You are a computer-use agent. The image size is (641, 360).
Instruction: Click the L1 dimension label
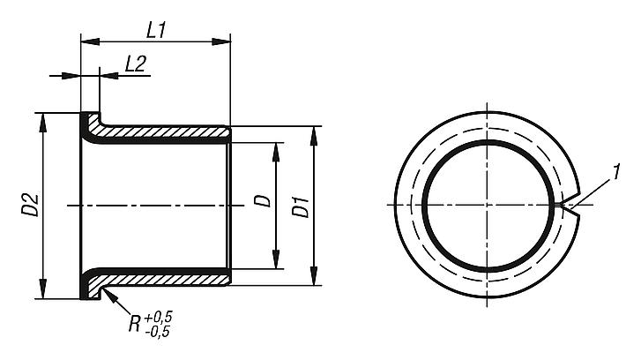156,30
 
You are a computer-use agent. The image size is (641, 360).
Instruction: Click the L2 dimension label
135,64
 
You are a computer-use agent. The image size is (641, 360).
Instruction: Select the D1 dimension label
301,209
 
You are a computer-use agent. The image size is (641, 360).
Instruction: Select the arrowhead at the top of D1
314,132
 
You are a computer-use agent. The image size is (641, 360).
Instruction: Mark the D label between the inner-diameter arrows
261,202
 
